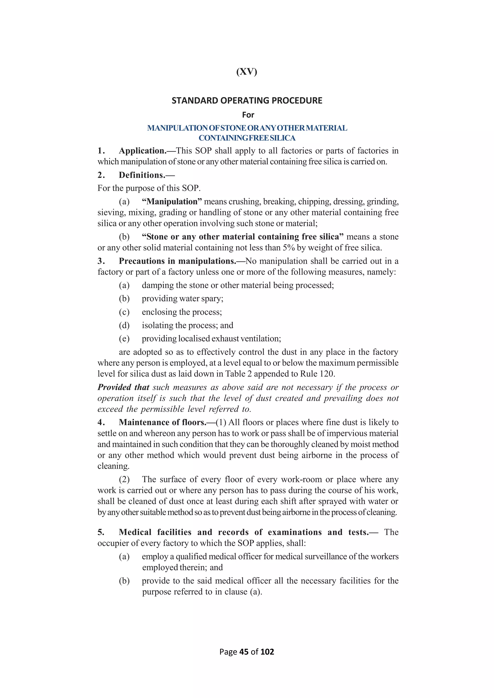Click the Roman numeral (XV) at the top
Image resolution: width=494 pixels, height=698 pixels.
tap(247, 72)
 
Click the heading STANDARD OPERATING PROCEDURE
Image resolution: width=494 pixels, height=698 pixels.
tap(247, 101)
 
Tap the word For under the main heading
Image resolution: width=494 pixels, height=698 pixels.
tap(248, 115)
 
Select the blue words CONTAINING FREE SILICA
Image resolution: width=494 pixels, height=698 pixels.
tap(247, 138)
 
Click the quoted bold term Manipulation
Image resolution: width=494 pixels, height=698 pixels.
tap(172, 201)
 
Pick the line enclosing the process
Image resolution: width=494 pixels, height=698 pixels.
tap(182, 312)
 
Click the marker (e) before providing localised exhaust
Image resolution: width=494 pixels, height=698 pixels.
tap(124, 339)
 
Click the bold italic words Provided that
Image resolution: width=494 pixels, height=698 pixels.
tap(123, 387)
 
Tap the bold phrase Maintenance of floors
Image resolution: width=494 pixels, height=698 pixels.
tap(162, 423)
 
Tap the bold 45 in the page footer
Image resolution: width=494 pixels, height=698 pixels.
tap(244, 652)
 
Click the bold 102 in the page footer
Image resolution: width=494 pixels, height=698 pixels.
tap(267, 652)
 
